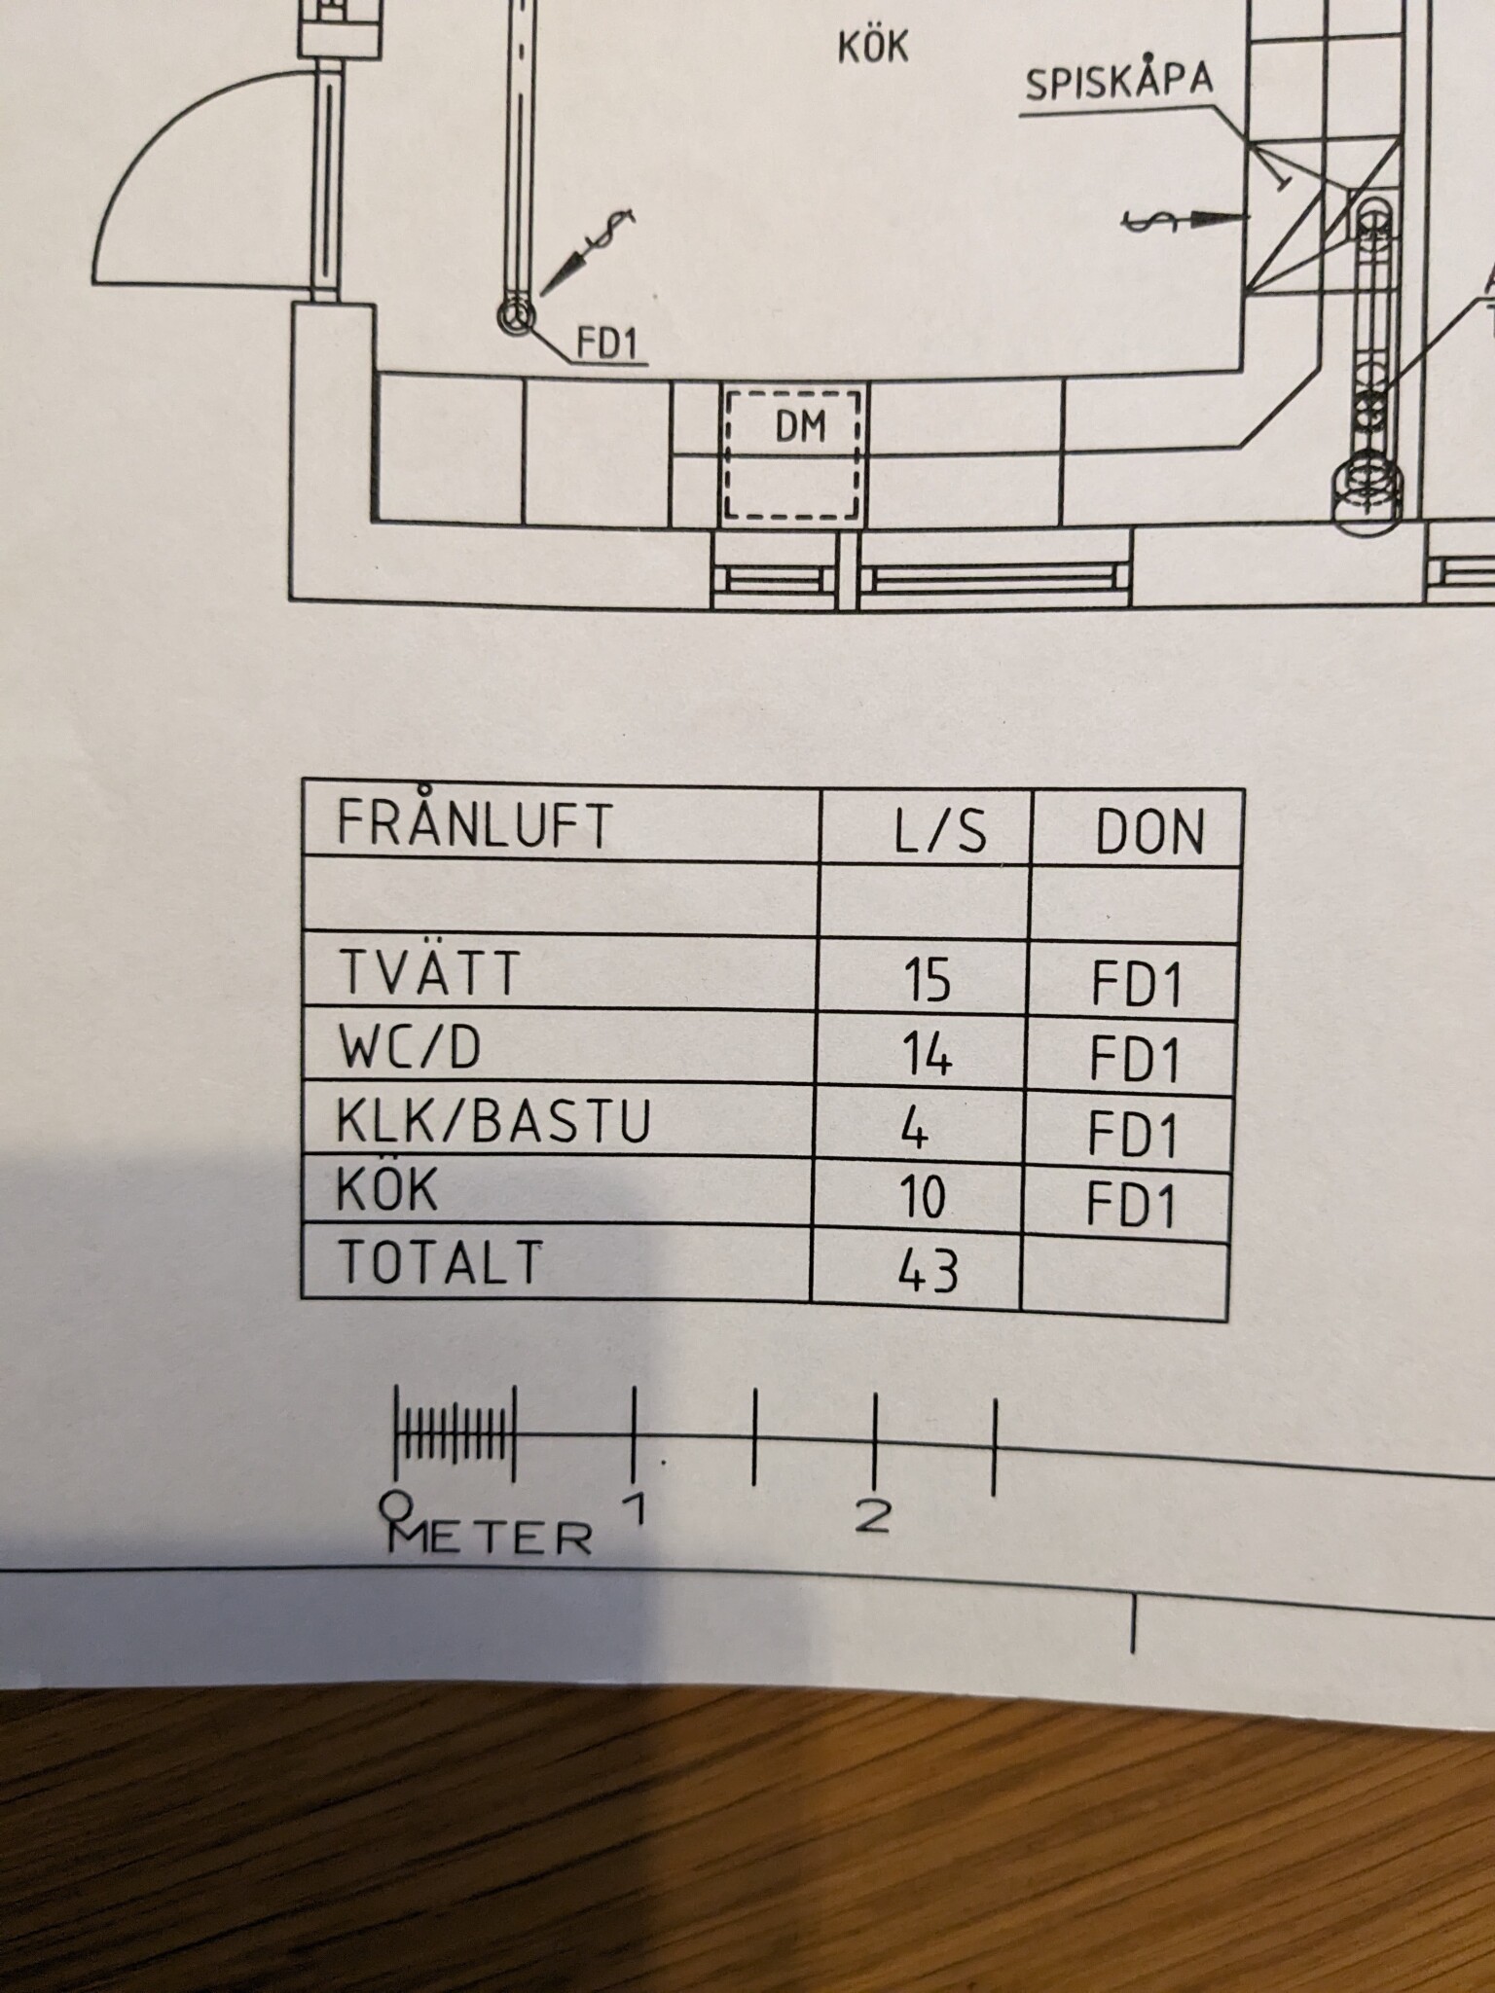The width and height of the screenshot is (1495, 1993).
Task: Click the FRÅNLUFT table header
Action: click(475, 823)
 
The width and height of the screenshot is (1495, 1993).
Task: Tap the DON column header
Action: click(1150, 833)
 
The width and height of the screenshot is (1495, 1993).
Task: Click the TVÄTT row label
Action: click(429, 973)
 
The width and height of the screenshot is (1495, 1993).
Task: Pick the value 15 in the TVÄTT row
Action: click(927, 980)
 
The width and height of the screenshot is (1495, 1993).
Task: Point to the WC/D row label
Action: click(410, 1048)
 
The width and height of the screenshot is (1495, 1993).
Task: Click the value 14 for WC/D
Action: click(926, 1055)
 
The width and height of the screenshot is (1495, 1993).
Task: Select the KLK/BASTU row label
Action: click(493, 1121)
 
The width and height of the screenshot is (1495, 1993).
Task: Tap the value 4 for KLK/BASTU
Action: click(915, 1129)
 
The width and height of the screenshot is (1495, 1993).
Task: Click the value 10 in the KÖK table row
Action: click(923, 1197)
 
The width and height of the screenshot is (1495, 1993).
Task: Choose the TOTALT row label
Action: click(439, 1262)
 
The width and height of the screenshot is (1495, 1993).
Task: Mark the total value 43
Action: click(929, 1270)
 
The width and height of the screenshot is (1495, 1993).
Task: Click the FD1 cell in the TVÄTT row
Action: click(1137, 984)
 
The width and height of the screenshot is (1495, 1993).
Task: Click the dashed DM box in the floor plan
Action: click(792, 455)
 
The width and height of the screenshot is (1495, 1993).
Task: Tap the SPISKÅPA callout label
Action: click(1119, 83)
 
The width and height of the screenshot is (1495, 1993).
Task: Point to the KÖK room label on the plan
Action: click(873, 47)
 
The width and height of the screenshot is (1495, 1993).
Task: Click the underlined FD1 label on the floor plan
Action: click(606, 344)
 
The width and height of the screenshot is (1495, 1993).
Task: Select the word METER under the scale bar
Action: click(491, 1538)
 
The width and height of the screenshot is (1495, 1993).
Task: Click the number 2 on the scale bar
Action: click(872, 1516)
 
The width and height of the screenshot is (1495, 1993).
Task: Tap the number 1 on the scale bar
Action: click(636, 1508)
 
